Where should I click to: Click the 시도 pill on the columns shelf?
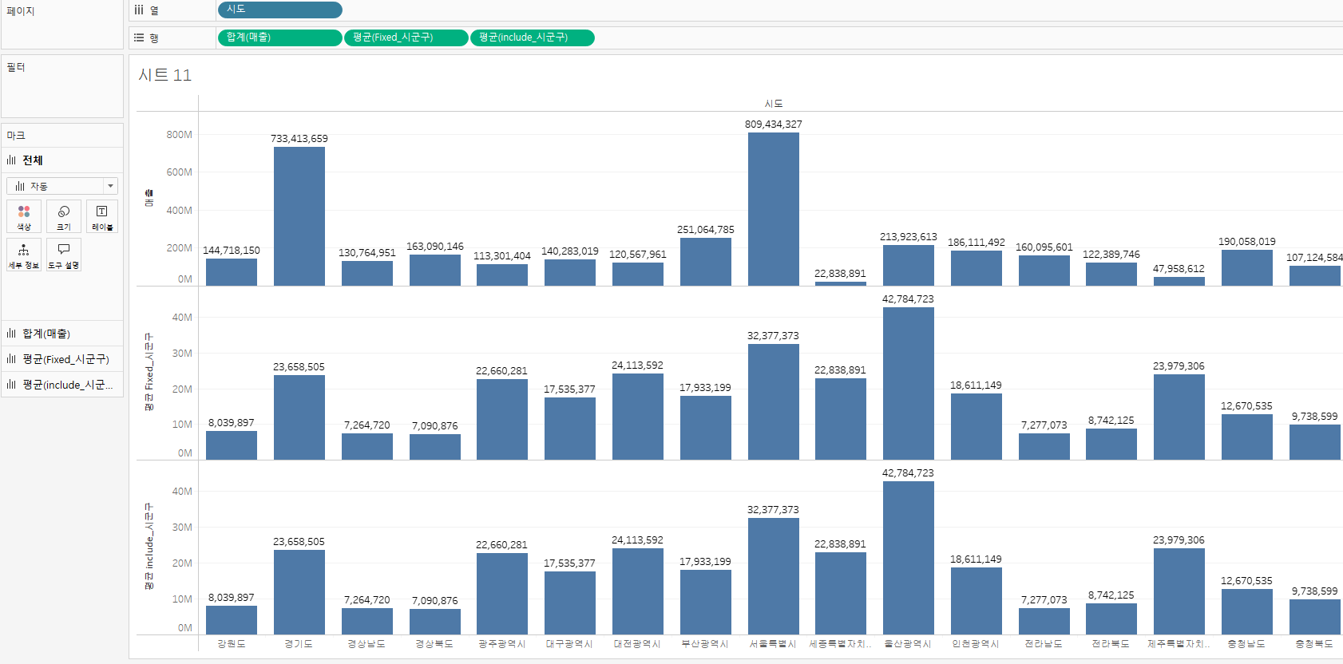coord(279,10)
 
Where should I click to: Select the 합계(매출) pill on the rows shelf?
coord(279,38)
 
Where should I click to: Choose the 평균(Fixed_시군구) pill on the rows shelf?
coord(406,38)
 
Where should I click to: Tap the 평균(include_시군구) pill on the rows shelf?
coord(533,38)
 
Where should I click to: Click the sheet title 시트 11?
coord(165,75)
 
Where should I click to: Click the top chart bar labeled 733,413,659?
coord(299,216)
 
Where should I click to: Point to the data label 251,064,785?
coord(706,230)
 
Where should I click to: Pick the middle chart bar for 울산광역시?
coord(908,383)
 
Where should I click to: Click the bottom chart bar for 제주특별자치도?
coord(1179,591)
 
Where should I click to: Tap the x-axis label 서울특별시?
coord(773,644)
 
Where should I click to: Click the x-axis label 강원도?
coord(232,644)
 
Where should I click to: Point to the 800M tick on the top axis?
coord(179,135)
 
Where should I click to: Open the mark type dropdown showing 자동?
coord(62,186)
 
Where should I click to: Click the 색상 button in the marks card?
coord(24,216)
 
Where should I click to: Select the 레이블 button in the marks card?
coord(101,216)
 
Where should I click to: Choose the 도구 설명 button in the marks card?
coord(64,255)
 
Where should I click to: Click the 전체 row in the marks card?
coord(32,160)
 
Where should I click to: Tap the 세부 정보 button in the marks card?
coord(24,255)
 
